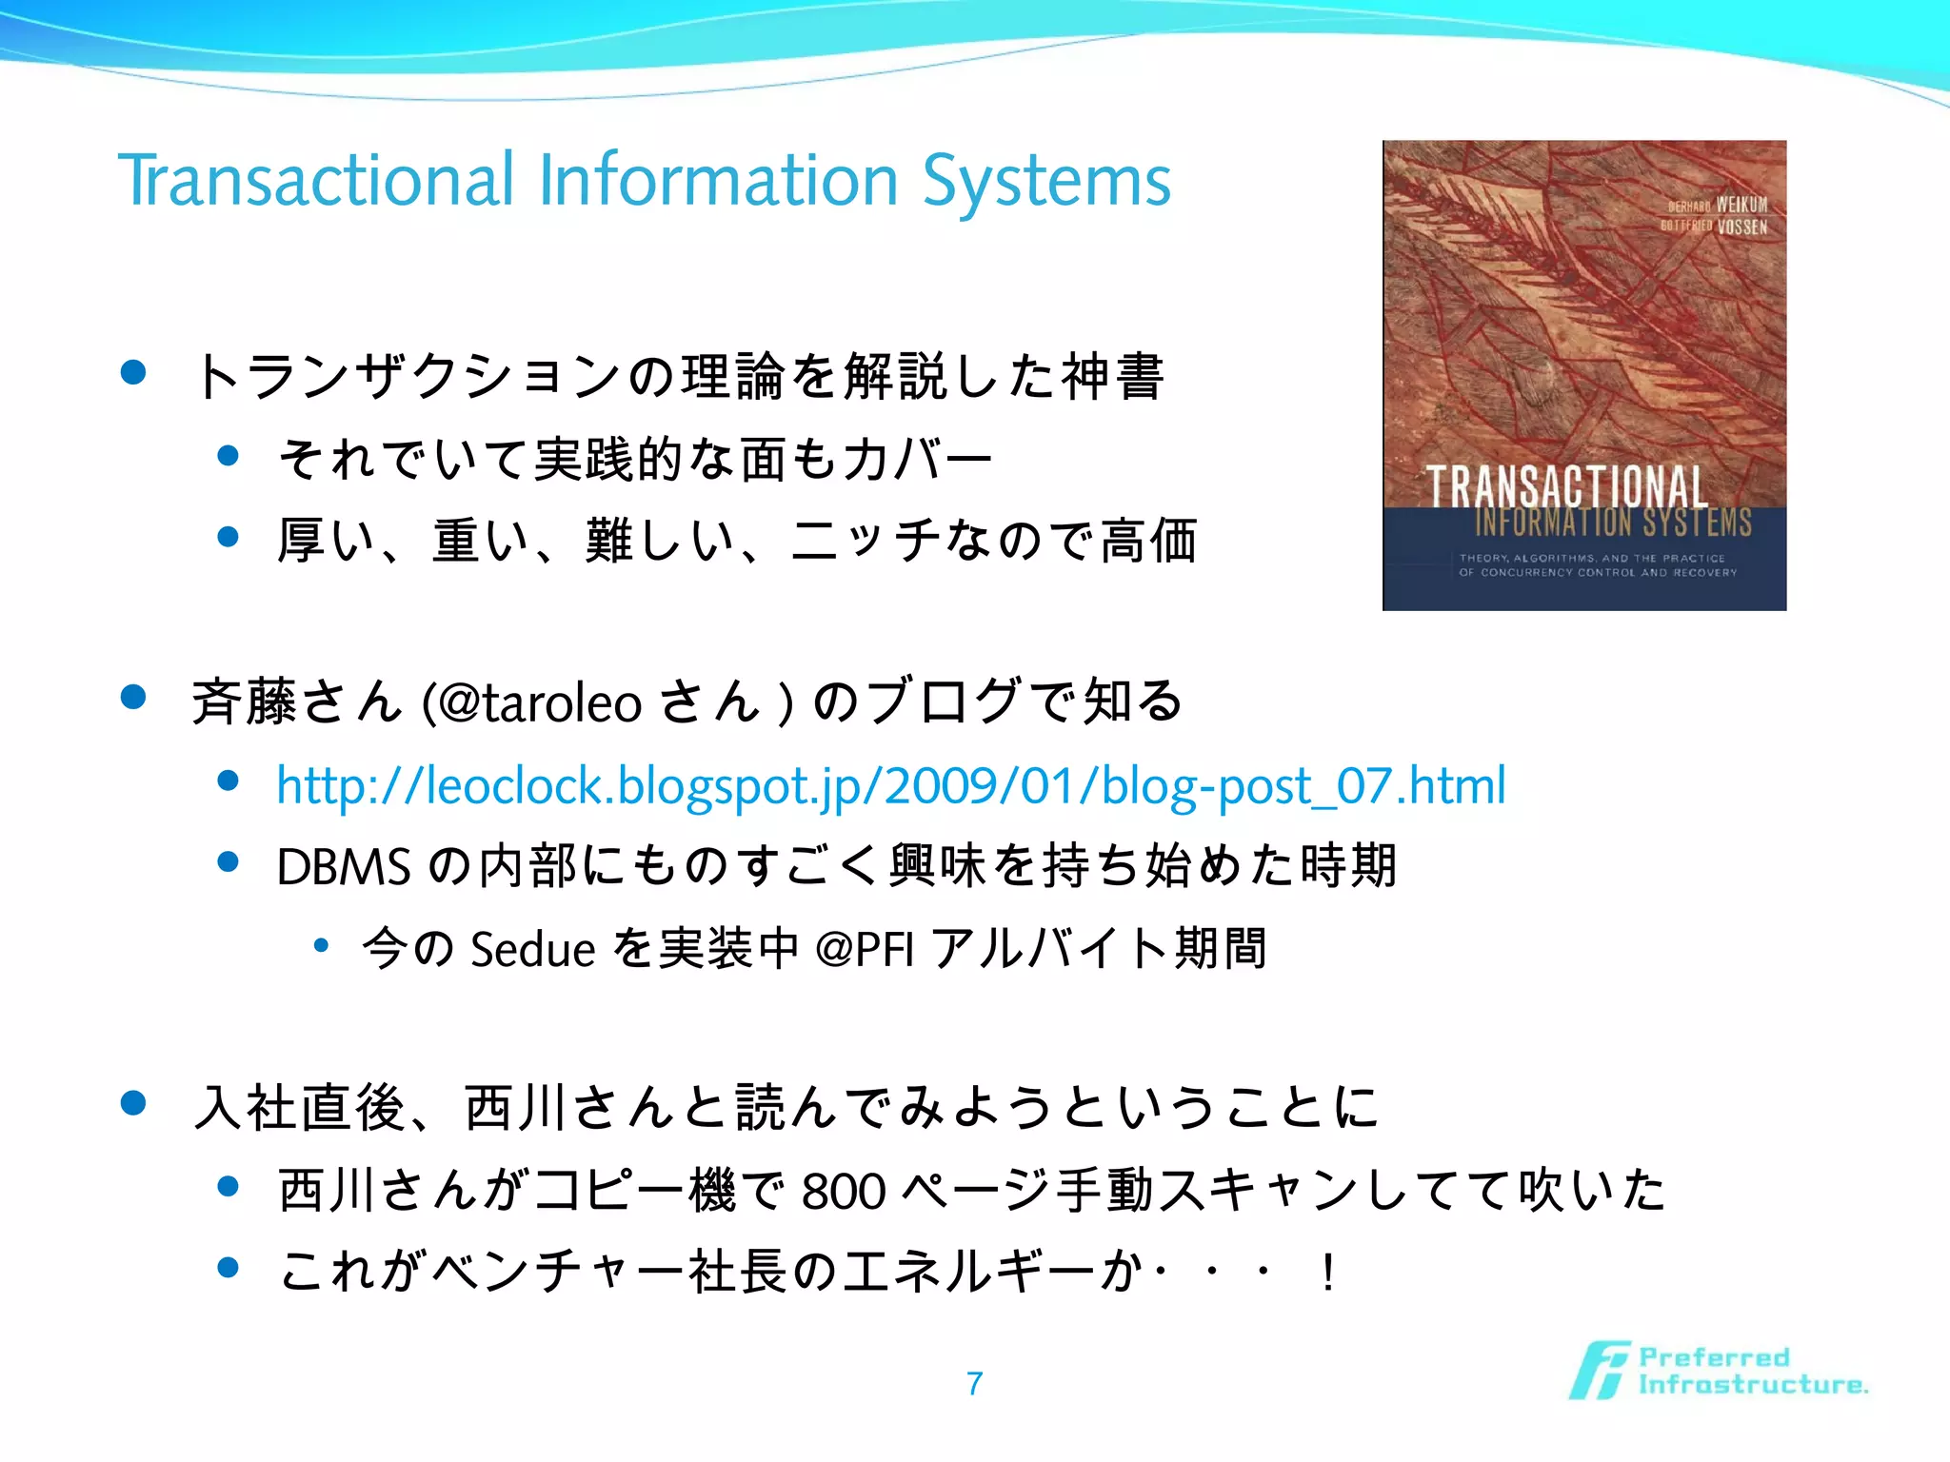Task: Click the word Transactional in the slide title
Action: click(316, 180)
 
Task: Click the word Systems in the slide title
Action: click(1046, 180)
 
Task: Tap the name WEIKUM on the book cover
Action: click(1741, 205)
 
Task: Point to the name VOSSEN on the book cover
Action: click(1741, 227)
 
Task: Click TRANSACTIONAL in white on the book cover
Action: click(1566, 486)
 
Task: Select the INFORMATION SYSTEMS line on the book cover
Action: click(1613, 522)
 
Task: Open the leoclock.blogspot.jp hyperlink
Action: click(890, 786)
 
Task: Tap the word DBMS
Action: click(343, 867)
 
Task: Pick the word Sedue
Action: click(532, 949)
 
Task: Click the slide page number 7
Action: click(974, 1383)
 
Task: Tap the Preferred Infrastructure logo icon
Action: click(1600, 1371)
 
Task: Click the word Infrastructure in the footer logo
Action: click(1752, 1385)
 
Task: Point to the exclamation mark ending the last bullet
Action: click(1327, 1273)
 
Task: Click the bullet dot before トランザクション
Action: click(133, 372)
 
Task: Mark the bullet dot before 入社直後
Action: click(133, 1103)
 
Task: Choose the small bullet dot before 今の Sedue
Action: click(321, 945)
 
